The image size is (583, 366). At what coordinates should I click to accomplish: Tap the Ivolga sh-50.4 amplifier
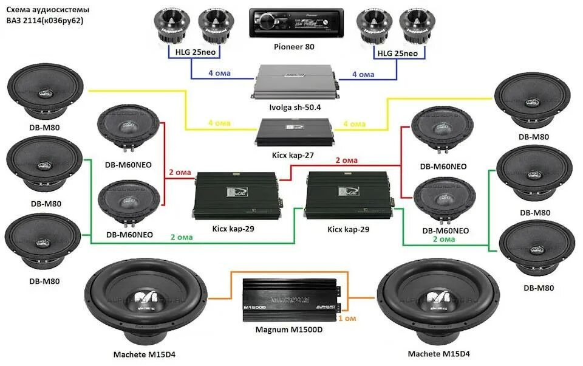pos(295,80)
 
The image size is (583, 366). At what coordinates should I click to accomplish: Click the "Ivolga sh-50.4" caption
pos(295,108)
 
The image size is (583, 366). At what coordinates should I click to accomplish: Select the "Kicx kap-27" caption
pos(293,156)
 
